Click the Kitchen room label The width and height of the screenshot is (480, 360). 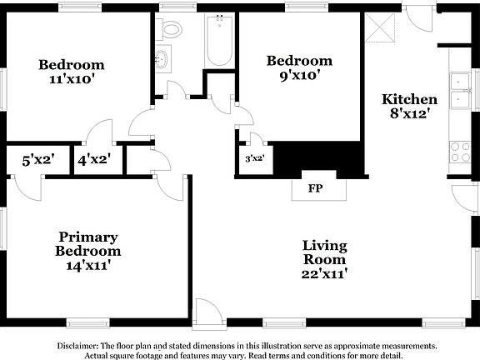coord(409,99)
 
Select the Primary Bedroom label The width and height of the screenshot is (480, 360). coord(87,243)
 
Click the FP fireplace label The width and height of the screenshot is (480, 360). coord(316,188)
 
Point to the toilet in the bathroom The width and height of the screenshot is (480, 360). coord(172,29)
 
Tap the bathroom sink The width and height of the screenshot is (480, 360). coord(162,61)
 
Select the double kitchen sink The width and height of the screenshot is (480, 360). coord(459,91)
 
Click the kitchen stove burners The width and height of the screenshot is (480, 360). coord(459,152)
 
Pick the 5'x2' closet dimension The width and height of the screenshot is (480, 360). coord(37,158)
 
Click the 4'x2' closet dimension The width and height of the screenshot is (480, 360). coord(94,158)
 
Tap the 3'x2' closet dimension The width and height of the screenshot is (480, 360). coord(255,157)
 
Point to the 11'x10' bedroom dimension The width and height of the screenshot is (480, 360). coord(71,81)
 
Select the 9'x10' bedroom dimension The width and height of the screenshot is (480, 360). coord(299,76)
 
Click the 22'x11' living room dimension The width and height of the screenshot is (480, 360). coord(324,272)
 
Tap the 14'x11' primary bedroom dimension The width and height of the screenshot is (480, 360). coord(87,265)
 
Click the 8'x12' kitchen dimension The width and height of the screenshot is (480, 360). coord(409,114)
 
